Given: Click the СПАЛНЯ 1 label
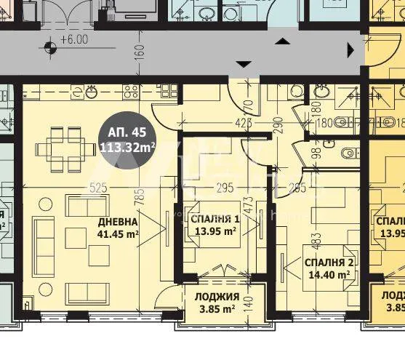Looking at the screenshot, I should [214, 219].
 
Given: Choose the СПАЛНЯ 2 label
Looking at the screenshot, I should [329, 263].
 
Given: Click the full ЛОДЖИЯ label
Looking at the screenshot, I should [217, 297].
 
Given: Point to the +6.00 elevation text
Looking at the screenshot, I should [74, 41].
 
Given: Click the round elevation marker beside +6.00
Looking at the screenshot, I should [49, 49].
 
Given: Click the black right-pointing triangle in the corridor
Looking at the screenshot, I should [351, 50].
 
